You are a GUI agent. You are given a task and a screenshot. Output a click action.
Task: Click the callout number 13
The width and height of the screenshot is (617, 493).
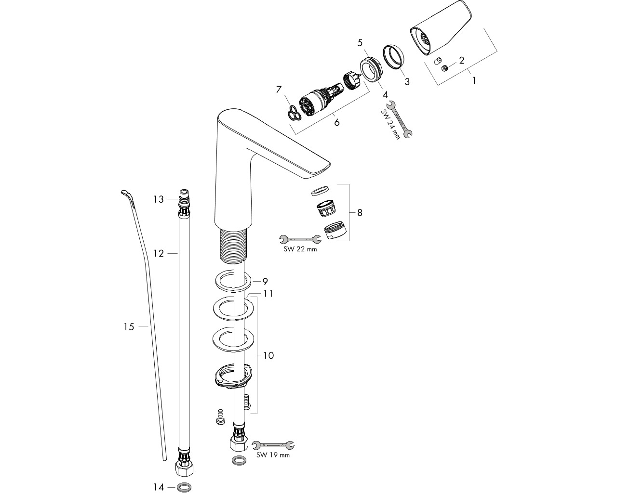158,199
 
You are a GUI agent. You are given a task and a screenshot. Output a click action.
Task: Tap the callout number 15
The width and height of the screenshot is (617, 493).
129,326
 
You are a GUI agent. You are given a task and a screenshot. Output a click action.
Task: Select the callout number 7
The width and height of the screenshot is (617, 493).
279,90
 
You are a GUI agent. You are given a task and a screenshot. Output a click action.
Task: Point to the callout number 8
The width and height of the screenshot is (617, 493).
360,212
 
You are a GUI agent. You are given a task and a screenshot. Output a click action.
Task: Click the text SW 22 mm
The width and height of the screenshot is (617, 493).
300,249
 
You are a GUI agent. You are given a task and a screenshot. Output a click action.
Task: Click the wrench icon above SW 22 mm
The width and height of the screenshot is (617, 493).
300,239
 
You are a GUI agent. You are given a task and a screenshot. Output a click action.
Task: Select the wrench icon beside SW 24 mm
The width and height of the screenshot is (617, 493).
400,119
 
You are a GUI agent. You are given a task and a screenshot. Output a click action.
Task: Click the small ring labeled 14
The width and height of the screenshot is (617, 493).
184,487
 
